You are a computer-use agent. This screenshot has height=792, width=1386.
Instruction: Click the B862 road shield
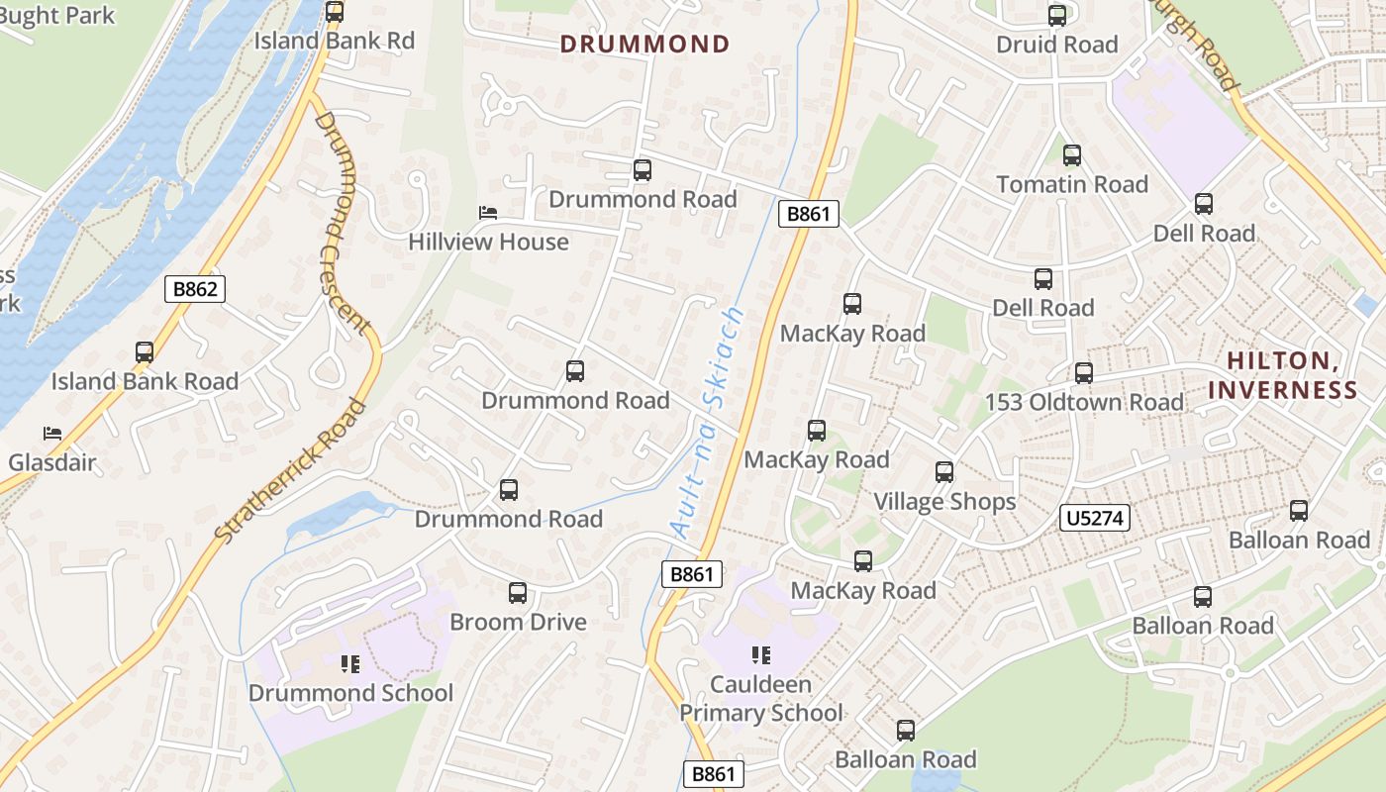[195, 289]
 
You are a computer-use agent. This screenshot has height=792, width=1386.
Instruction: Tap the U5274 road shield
[1094, 518]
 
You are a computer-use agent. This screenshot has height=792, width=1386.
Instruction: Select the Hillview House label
[489, 242]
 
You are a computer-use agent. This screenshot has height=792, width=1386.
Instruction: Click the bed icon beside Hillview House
[488, 213]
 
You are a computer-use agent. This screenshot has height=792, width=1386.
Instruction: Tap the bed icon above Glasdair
[51, 434]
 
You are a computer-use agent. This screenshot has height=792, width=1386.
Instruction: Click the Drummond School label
[350, 693]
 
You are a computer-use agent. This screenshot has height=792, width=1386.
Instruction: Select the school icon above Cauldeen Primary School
[761, 654]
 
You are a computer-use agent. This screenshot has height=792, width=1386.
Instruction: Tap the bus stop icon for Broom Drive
[517, 593]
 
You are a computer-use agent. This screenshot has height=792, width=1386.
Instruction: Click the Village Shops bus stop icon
[944, 472]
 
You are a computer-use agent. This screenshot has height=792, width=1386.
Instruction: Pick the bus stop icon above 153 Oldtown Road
[1084, 373]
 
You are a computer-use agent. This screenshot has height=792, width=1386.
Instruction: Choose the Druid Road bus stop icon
[1057, 16]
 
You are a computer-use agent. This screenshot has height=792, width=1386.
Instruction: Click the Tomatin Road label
[1072, 184]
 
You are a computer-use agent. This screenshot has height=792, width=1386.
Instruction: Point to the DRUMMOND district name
[644, 44]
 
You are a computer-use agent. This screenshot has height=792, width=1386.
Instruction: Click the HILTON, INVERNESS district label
[1282, 375]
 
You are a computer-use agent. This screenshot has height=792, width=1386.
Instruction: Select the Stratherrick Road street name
[290, 470]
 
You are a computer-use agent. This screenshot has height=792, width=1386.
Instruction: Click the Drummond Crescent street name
[343, 223]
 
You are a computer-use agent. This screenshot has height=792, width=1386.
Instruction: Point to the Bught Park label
[57, 16]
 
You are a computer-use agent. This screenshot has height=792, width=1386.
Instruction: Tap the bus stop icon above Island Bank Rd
[335, 12]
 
